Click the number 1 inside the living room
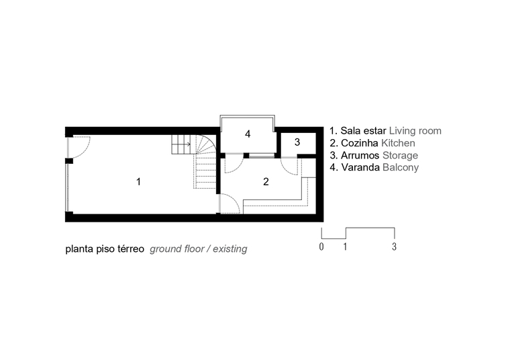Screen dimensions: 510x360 click(x=138, y=181)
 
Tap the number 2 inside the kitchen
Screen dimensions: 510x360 click(x=266, y=181)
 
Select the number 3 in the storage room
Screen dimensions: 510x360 click(x=297, y=142)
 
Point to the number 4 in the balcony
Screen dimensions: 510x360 click(x=248, y=134)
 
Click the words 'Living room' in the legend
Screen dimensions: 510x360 click(x=415, y=131)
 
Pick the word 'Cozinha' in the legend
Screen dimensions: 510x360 click(x=360, y=143)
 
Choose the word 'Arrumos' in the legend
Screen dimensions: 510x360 click(x=360, y=155)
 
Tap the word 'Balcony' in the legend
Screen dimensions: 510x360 click(x=401, y=167)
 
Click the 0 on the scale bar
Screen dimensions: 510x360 click(x=321, y=246)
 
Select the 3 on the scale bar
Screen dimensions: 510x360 click(x=394, y=246)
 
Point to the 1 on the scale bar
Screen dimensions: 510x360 click(x=345, y=246)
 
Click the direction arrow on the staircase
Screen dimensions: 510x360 click(x=186, y=144)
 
